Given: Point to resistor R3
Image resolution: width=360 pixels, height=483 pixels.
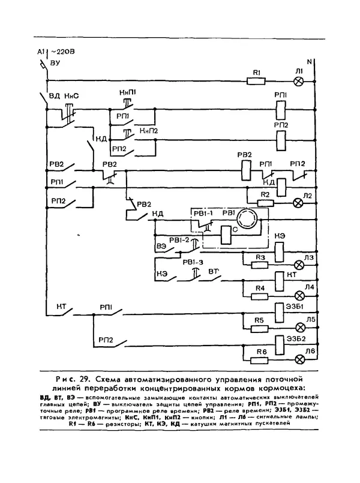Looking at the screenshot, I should (x=260, y=265).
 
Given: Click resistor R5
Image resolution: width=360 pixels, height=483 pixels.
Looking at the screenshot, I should (x=259, y=328).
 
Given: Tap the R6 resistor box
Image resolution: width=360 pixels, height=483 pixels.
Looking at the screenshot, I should (x=259, y=359).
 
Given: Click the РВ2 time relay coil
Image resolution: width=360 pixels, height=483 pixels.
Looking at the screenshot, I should (x=244, y=170).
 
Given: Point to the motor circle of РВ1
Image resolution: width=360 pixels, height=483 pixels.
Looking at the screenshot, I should (x=245, y=217).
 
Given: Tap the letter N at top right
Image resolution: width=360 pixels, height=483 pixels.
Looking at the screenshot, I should (x=310, y=62).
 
